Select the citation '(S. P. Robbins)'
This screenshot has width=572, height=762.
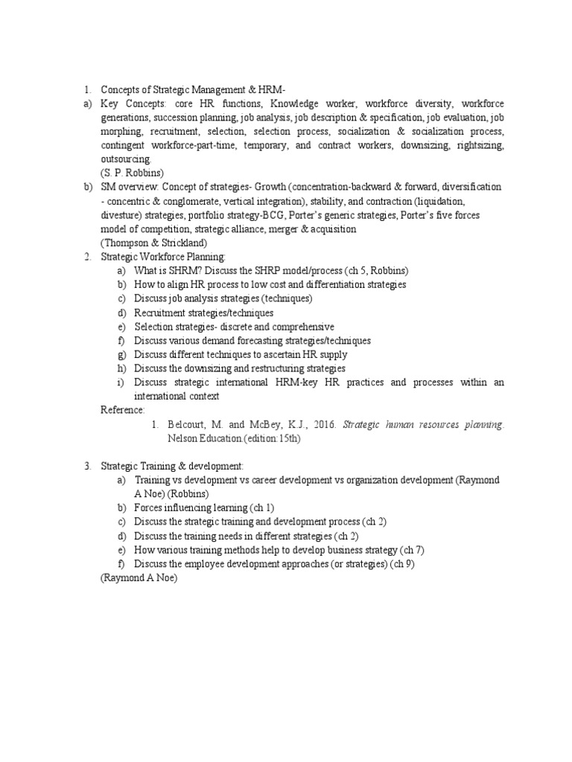(133, 173)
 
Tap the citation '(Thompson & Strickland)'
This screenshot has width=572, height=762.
(153, 243)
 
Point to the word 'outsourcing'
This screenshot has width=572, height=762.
(126, 159)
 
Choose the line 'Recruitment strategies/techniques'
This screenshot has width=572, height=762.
(203, 313)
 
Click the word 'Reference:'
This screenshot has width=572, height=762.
(123, 410)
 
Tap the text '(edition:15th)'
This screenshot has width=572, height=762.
(276, 439)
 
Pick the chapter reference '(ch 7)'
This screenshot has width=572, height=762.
(414, 550)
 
